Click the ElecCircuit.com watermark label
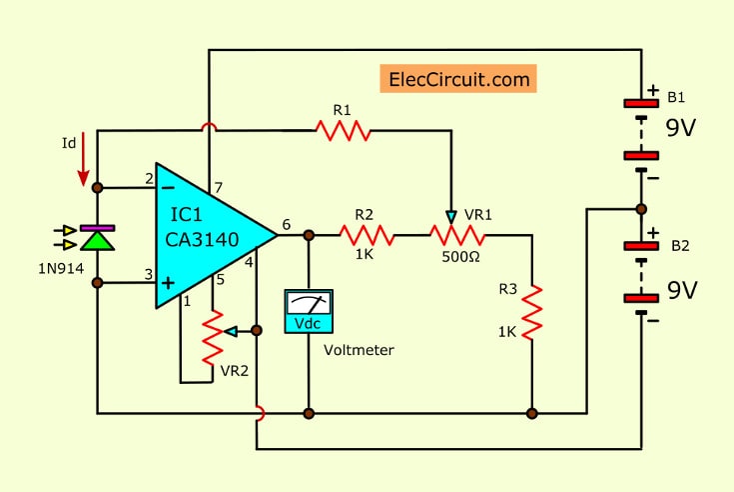click(x=458, y=78)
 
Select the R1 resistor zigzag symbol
click(x=342, y=130)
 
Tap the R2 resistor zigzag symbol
click(x=367, y=236)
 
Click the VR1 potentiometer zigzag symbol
click(x=457, y=236)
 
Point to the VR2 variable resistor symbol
click(x=213, y=337)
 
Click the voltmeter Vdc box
click(x=309, y=312)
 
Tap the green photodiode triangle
click(x=97, y=240)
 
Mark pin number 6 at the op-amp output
click(x=287, y=225)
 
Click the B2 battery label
click(x=679, y=244)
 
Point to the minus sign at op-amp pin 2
click(x=166, y=187)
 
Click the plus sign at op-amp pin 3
click(x=166, y=282)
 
